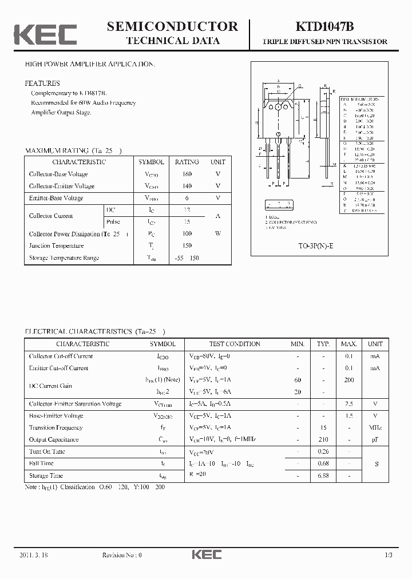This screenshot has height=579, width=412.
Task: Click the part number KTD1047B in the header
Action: coord(324,26)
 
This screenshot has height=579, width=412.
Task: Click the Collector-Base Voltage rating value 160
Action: coord(187,174)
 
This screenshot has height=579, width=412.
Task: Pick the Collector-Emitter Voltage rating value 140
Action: coord(187,186)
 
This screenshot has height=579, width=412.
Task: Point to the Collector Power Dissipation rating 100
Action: coord(187,234)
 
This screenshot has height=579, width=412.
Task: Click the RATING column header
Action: coord(187,162)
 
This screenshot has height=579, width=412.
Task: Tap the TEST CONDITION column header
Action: coord(235,344)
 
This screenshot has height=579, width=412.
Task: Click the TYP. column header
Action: coord(323,344)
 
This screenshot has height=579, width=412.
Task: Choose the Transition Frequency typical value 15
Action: coord(323,428)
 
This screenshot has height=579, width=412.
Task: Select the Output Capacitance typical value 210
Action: coord(323,440)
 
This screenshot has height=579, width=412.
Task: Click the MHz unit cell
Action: coord(375,428)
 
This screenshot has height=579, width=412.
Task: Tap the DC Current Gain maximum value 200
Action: coord(349,380)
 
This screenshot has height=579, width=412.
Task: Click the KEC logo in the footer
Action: coord(206,555)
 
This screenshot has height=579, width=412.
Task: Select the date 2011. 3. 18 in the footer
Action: coord(35,555)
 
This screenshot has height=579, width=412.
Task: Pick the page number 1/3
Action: coord(389,555)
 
